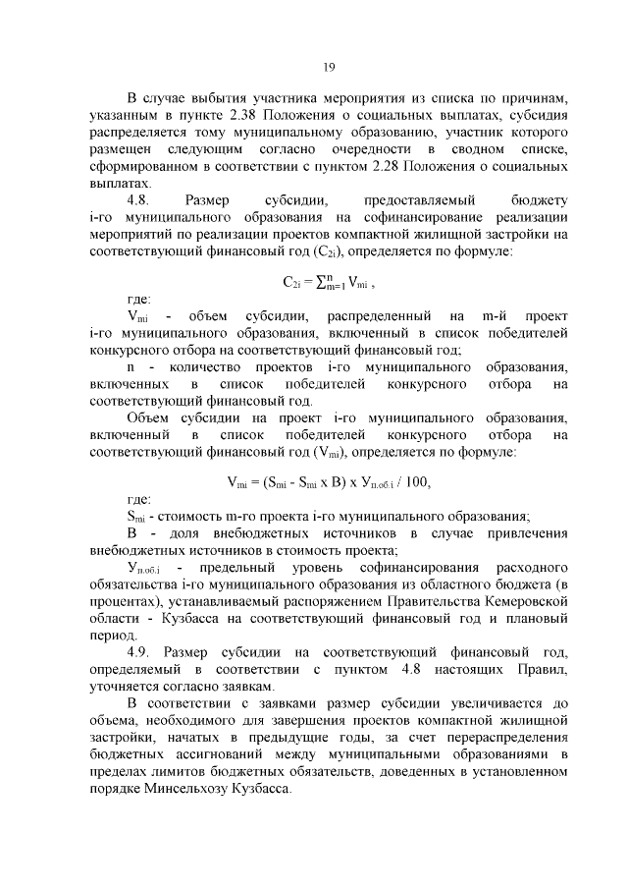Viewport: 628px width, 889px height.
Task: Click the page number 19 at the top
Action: pyautogui.click(x=329, y=67)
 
